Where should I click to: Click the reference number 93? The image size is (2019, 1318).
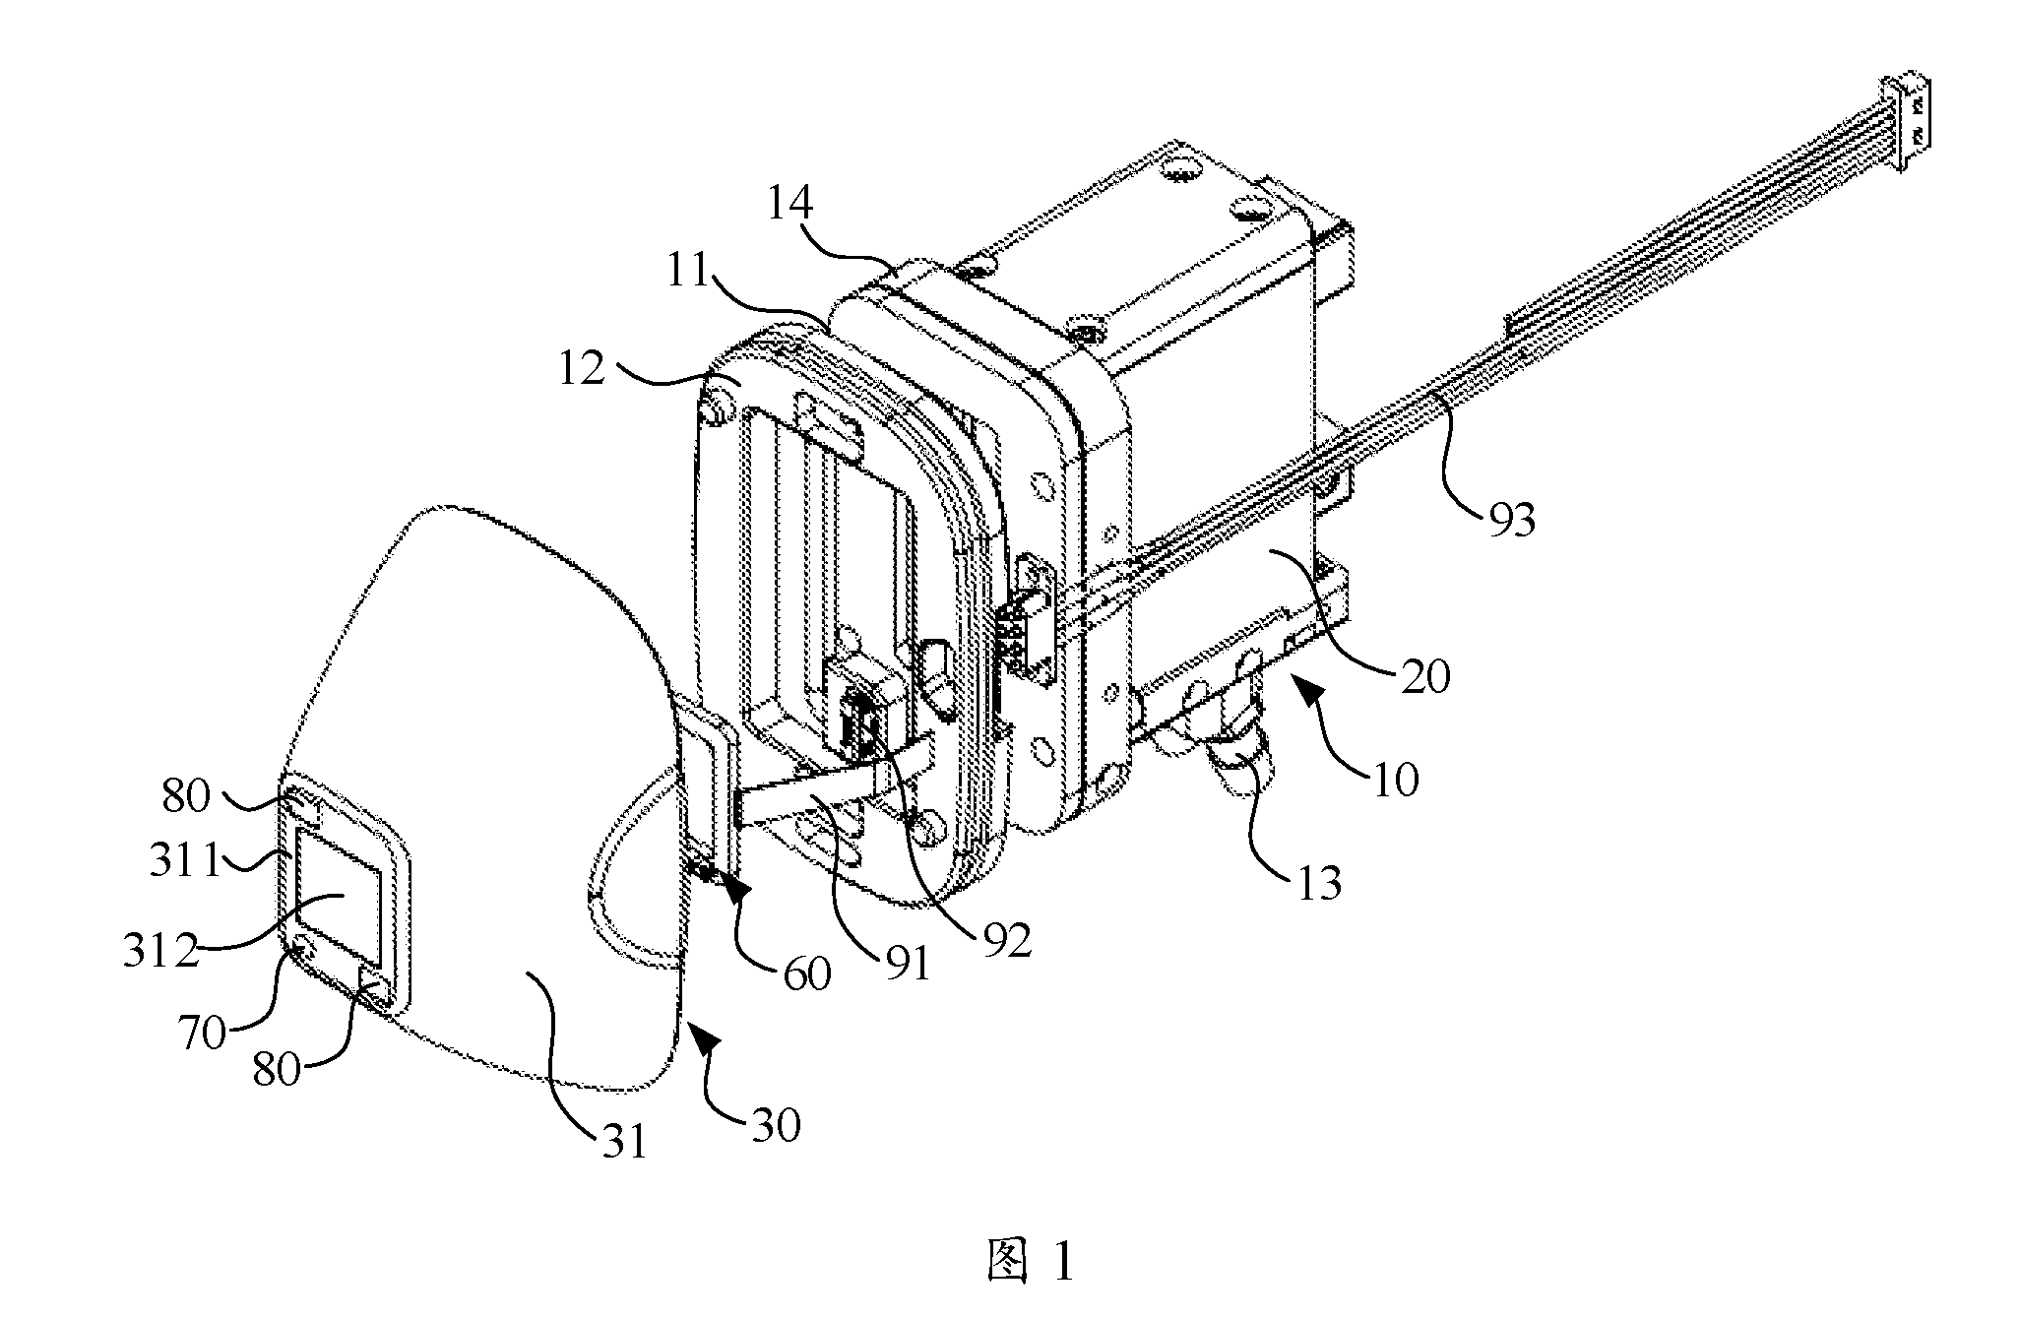click(x=1512, y=518)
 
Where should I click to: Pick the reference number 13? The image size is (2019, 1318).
click(x=1317, y=883)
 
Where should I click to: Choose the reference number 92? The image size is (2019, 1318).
click(x=1005, y=941)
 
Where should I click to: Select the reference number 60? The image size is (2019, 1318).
click(x=806, y=973)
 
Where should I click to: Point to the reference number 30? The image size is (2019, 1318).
click(x=776, y=1125)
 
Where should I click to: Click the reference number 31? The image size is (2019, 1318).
click(x=624, y=1142)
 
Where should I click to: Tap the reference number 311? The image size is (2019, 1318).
click(x=185, y=862)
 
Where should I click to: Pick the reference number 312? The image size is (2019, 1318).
click(x=159, y=951)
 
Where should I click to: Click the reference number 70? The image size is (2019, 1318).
click(x=203, y=1035)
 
